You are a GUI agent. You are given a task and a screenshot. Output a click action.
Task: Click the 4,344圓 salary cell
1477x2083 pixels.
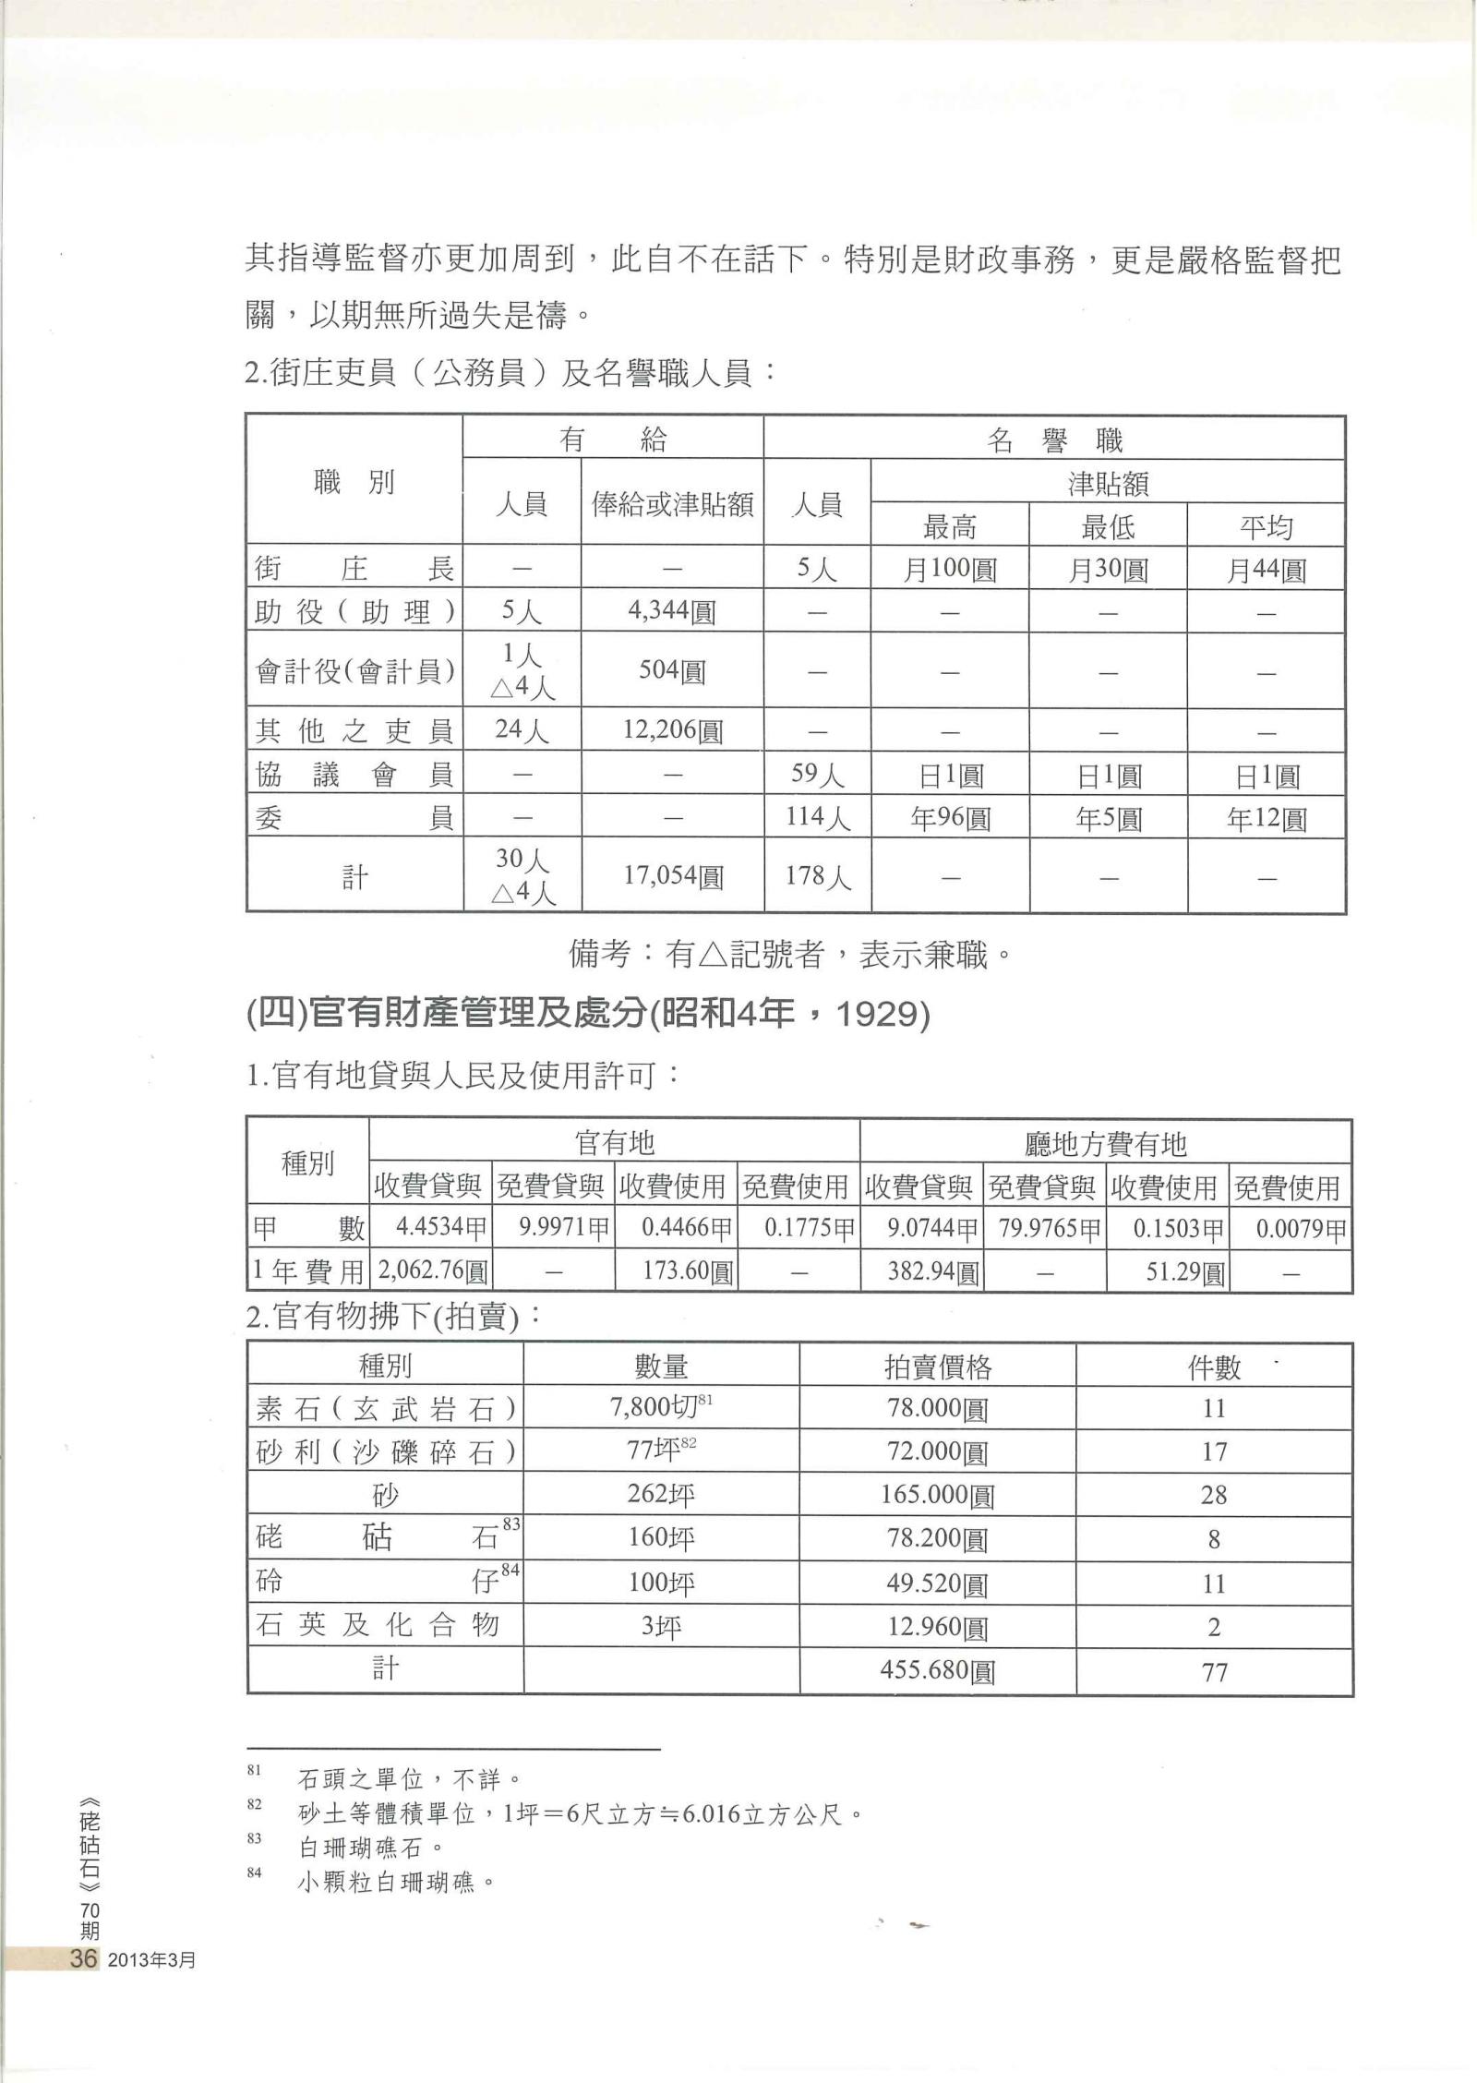click(672, 611)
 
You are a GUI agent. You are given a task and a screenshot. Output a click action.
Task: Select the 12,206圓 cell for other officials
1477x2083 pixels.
click(672, 730)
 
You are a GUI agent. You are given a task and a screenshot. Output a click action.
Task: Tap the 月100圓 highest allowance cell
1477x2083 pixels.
click(950, 569)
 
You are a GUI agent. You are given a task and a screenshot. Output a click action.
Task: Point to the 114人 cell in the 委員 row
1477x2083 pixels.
click(817, 817)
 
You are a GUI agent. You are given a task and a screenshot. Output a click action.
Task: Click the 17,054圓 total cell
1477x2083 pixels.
click(672, 875)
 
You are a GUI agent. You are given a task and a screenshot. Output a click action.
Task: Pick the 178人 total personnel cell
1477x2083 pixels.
click(817, 875)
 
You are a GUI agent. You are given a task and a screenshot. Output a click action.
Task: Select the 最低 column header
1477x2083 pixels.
click(1108, 526)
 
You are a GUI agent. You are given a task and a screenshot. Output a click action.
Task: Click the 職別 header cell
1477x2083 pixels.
click(354, 481)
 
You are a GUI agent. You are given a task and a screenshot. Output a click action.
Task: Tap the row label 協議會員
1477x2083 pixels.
click(354, 774)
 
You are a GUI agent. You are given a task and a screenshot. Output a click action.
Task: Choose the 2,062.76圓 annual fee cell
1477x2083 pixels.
click(430, 1273)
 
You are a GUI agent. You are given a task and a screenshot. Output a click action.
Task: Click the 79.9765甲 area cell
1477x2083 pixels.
click(1045, 1230)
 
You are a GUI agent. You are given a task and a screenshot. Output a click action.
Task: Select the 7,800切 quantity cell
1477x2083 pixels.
click(661, 1408)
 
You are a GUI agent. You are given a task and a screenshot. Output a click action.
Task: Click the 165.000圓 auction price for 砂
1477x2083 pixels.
click(937, 1494)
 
